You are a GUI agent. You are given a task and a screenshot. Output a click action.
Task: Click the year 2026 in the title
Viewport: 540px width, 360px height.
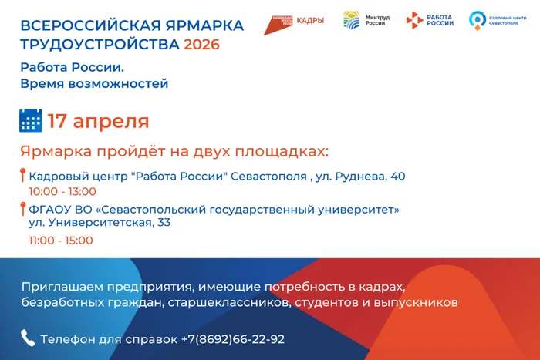coord(201,44)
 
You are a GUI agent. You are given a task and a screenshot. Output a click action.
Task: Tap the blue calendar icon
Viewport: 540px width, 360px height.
coord(30,121)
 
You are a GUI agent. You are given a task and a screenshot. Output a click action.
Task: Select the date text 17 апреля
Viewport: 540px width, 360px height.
coord(98,121)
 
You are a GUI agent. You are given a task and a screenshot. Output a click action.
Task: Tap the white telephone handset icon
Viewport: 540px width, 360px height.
coord(28,338)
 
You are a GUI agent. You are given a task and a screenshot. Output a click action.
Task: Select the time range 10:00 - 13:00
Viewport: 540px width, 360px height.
coord(62,191)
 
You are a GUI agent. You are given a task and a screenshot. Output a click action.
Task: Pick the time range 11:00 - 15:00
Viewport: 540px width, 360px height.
coord(61,240)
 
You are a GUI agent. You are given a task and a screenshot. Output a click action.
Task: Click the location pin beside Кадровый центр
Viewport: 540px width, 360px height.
coord(22,176)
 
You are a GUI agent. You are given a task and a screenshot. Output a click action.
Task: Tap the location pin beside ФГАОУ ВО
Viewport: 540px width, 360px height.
coord(22,208)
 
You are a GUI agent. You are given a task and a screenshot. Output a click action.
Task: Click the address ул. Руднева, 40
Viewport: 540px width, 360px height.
coord(361,177)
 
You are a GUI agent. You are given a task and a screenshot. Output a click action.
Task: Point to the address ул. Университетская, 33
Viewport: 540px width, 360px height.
coord(100,223)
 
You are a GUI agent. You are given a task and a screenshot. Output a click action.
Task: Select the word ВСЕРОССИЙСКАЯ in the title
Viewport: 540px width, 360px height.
coord(74,25)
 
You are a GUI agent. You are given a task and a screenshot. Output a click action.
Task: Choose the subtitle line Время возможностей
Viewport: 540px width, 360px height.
coord(94,83)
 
